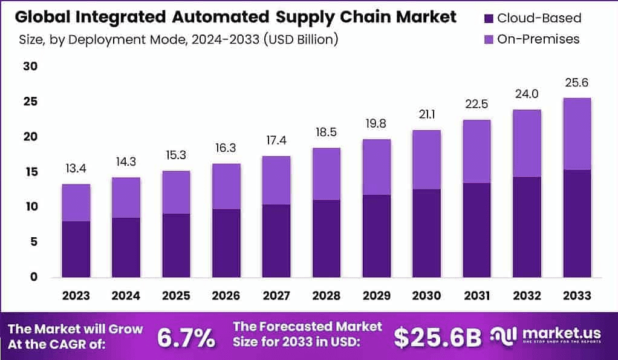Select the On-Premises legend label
[538, 39]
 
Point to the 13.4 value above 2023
[76, 168]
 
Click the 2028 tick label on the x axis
[325, 296]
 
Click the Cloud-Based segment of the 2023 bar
[76, 249]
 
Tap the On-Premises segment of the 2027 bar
[276, 180]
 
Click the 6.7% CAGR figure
[186, 338]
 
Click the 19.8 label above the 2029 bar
[376, 124]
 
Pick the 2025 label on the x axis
[175, 296]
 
